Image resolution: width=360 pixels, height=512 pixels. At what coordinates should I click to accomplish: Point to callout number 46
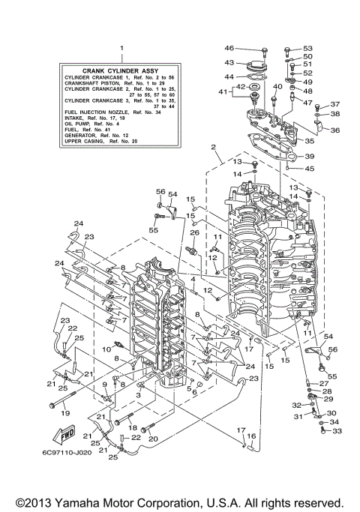[229, 48]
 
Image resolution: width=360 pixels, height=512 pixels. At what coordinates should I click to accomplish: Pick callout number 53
[307, 48]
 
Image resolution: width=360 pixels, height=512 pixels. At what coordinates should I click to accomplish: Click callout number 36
[334, 130]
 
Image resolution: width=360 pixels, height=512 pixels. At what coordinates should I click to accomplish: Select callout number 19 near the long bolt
[64, 413]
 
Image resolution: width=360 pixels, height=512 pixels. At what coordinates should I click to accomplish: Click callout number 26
[193, 233]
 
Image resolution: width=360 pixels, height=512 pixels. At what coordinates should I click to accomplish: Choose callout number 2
[214, 147]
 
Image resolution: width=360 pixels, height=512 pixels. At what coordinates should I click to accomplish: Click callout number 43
[229, 63]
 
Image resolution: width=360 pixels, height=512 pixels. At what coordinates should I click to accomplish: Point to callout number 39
[308, 156]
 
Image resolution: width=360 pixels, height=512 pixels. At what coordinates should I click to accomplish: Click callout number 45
[308, 169]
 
